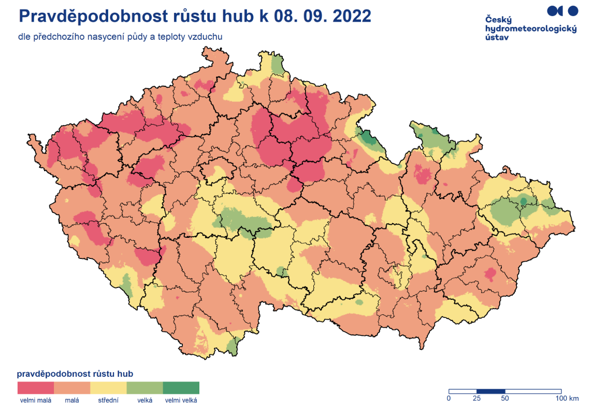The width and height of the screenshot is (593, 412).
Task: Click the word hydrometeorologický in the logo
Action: tap(531, 29)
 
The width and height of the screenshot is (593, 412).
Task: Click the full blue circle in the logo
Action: tap(572, 10)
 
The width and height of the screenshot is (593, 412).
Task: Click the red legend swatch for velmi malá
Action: tap(36, 388)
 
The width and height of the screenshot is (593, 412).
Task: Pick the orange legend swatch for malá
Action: tap(72, 388)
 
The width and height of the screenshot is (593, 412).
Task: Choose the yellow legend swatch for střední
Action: tap(108, 388)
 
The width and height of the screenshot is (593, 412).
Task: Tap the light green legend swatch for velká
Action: tap(144, 388)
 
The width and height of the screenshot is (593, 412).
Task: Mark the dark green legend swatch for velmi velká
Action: tap(181, 388)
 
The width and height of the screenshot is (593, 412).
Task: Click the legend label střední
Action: tap(108, 400)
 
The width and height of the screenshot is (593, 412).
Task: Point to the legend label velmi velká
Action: tap(181, 400)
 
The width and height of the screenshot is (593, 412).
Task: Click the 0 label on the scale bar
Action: tap(449, 399)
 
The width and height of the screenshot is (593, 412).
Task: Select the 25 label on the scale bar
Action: tap(477, 399)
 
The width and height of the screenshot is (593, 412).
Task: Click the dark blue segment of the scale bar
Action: tap(490, 391)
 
